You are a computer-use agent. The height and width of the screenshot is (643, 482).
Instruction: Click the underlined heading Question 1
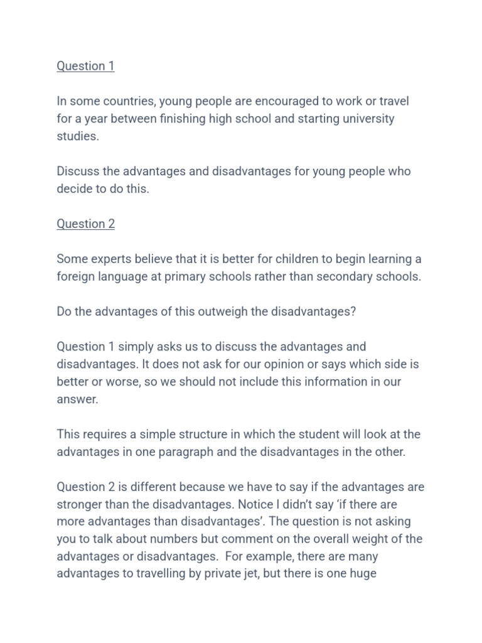pos(85,66)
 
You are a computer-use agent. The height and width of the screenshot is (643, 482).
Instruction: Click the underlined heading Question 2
pos(85,224)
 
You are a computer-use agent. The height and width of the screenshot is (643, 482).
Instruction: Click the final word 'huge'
pos(363,574)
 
